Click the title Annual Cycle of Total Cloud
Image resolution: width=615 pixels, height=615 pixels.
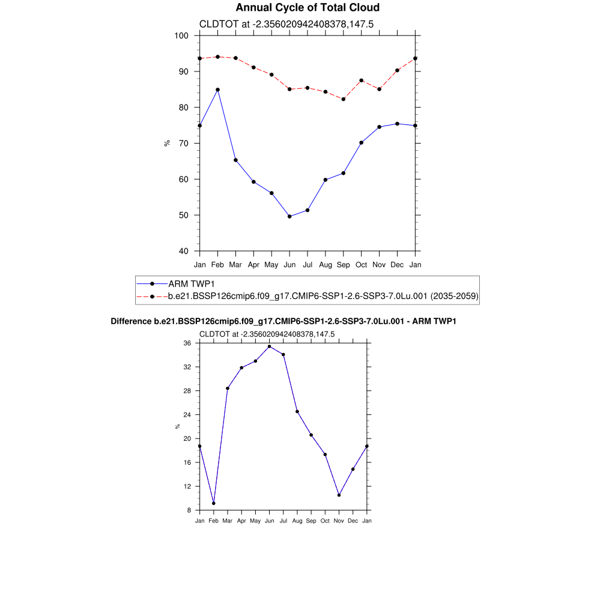(x=307, y=8)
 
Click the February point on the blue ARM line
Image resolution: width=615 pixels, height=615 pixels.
(x=217, y=89)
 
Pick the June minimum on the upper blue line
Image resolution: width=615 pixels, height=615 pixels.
(x=289, y=216)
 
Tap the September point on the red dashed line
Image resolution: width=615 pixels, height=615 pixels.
(x=343, y=99)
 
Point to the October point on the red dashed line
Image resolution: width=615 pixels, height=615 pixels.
(x=361, y=80)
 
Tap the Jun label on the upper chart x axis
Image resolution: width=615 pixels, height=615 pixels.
(x=289, y=264)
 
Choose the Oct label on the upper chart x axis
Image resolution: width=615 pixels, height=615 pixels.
(x=361, y=264)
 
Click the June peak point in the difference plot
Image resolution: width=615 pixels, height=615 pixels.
(x=269, y=347)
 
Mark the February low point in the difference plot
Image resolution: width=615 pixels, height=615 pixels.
(x=213, y=503)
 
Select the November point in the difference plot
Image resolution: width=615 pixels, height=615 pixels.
(x=339, y=495)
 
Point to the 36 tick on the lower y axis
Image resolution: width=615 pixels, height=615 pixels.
(x=187, y=343)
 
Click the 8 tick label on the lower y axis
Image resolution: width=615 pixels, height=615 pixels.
(x=189, y=510)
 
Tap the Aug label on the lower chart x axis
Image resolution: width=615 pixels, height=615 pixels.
(x=297, y=521)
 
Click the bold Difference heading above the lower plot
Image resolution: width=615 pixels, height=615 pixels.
(x=283, y=321)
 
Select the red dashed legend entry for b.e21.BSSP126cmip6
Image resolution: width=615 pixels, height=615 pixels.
(x=323, y=296)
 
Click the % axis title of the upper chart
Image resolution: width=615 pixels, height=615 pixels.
(x=168, y=143)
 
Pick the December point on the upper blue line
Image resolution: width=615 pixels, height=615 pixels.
(x=397, y=124)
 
